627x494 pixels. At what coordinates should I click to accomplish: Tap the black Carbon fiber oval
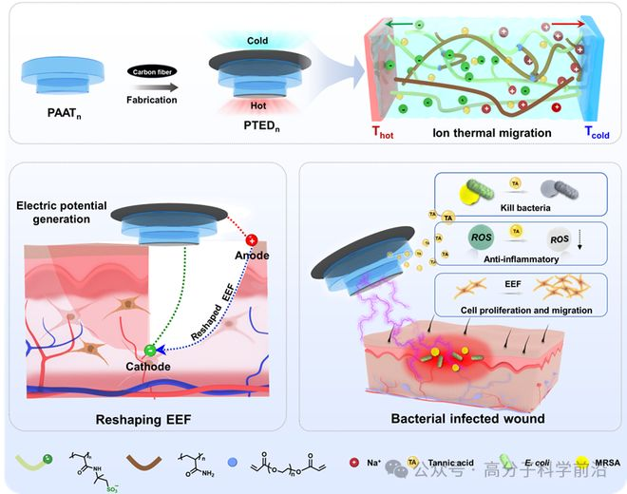(x=153, y=71)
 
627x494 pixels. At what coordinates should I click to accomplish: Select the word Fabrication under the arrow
(x=154, y=98)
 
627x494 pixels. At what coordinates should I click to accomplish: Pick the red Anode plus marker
(x=253, y=239)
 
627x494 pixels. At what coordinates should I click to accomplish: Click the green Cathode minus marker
(x=151, y=353)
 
